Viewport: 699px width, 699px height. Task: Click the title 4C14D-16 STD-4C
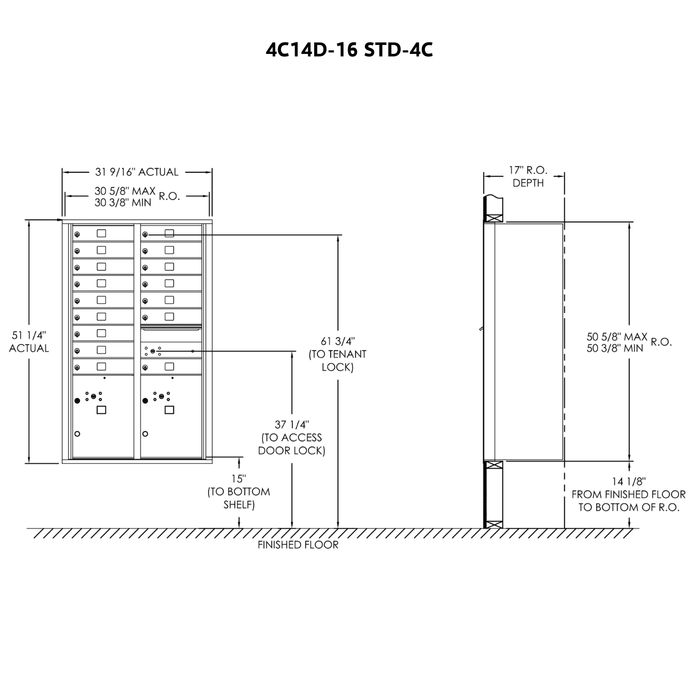coord(349,50)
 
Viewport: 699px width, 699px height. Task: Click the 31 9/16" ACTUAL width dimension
coord(137,172)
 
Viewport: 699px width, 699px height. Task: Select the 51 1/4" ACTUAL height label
coord(29,342)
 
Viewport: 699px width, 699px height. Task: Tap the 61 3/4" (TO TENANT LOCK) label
coord(338,354)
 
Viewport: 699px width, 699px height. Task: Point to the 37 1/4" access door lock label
coord(292,437)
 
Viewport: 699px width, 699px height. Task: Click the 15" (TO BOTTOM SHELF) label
coord(239,491)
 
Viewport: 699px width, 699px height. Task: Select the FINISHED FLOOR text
coord(298,545)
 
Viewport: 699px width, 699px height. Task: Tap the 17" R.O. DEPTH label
coord(528,176)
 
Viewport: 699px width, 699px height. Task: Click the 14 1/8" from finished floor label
coord(629,494)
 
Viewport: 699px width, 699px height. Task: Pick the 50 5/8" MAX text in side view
coord(617,337)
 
